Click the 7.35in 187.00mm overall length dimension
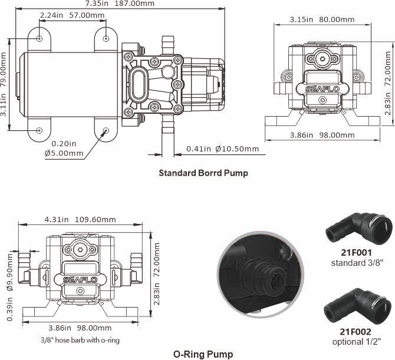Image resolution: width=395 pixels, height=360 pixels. [x=120, y=4]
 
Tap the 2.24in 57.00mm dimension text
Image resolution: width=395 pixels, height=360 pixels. [x=73, y=15]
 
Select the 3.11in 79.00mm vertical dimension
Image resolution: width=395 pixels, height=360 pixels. [x=4, y=84]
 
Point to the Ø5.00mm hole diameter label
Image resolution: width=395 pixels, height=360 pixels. [x=64, y=153]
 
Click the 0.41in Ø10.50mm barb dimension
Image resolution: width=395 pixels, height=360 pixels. [x=222, y=149]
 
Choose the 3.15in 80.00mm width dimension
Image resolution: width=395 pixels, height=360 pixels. [x=322, y=19]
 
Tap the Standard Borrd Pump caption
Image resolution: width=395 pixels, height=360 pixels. [x=203, y=173]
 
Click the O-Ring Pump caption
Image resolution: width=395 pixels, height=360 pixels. [x=203, y=354]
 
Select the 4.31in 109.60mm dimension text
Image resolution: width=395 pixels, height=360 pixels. [x=80, y=219]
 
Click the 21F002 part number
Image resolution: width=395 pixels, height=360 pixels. [x=355, y=332]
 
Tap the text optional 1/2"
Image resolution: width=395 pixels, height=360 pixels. [x=357, y=342]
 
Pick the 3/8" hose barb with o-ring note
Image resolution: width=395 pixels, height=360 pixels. [x=80, y=340]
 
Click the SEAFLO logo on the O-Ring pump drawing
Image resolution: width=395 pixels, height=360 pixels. [x=80, y=280]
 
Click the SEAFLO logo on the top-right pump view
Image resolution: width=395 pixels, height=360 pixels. [x=322, y=89]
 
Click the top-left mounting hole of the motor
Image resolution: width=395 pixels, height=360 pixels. [x=39, y=38]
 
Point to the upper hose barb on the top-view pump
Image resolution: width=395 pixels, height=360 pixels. [x=167, y=45]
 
